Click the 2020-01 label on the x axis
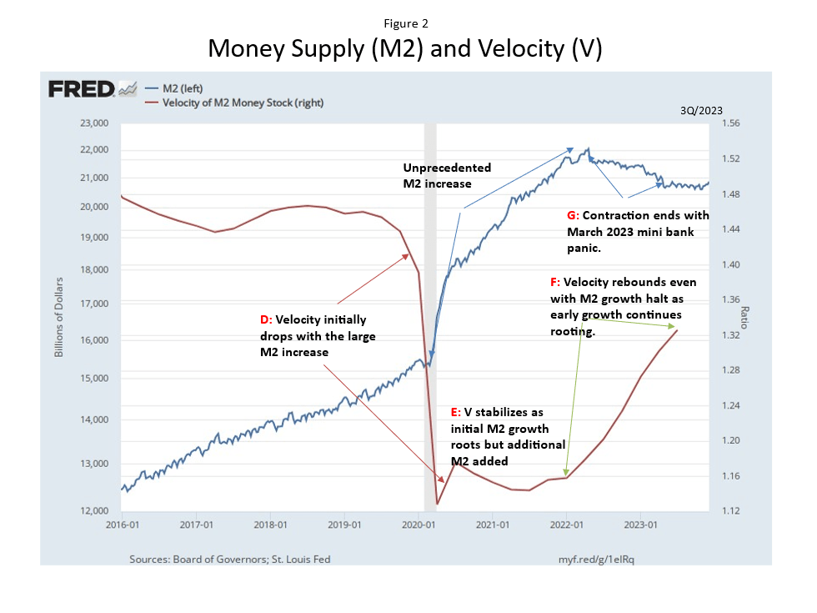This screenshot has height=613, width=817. (x=419, y=526)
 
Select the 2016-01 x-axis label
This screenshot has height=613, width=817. (x=122, y=526)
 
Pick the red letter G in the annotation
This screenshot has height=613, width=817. (x=571, y=215)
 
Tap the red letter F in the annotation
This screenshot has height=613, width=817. (x=554, y=283)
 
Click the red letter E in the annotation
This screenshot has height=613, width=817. (x=454, y=413)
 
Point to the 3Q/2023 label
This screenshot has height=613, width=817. (x=702, y=109)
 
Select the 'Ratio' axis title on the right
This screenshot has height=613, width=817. (x=744, y=316)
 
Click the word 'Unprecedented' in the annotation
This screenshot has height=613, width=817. (x=446, y=168)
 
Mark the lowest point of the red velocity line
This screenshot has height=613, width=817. (x=437, y=504)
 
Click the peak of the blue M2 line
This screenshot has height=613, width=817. (x=588, y=149)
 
